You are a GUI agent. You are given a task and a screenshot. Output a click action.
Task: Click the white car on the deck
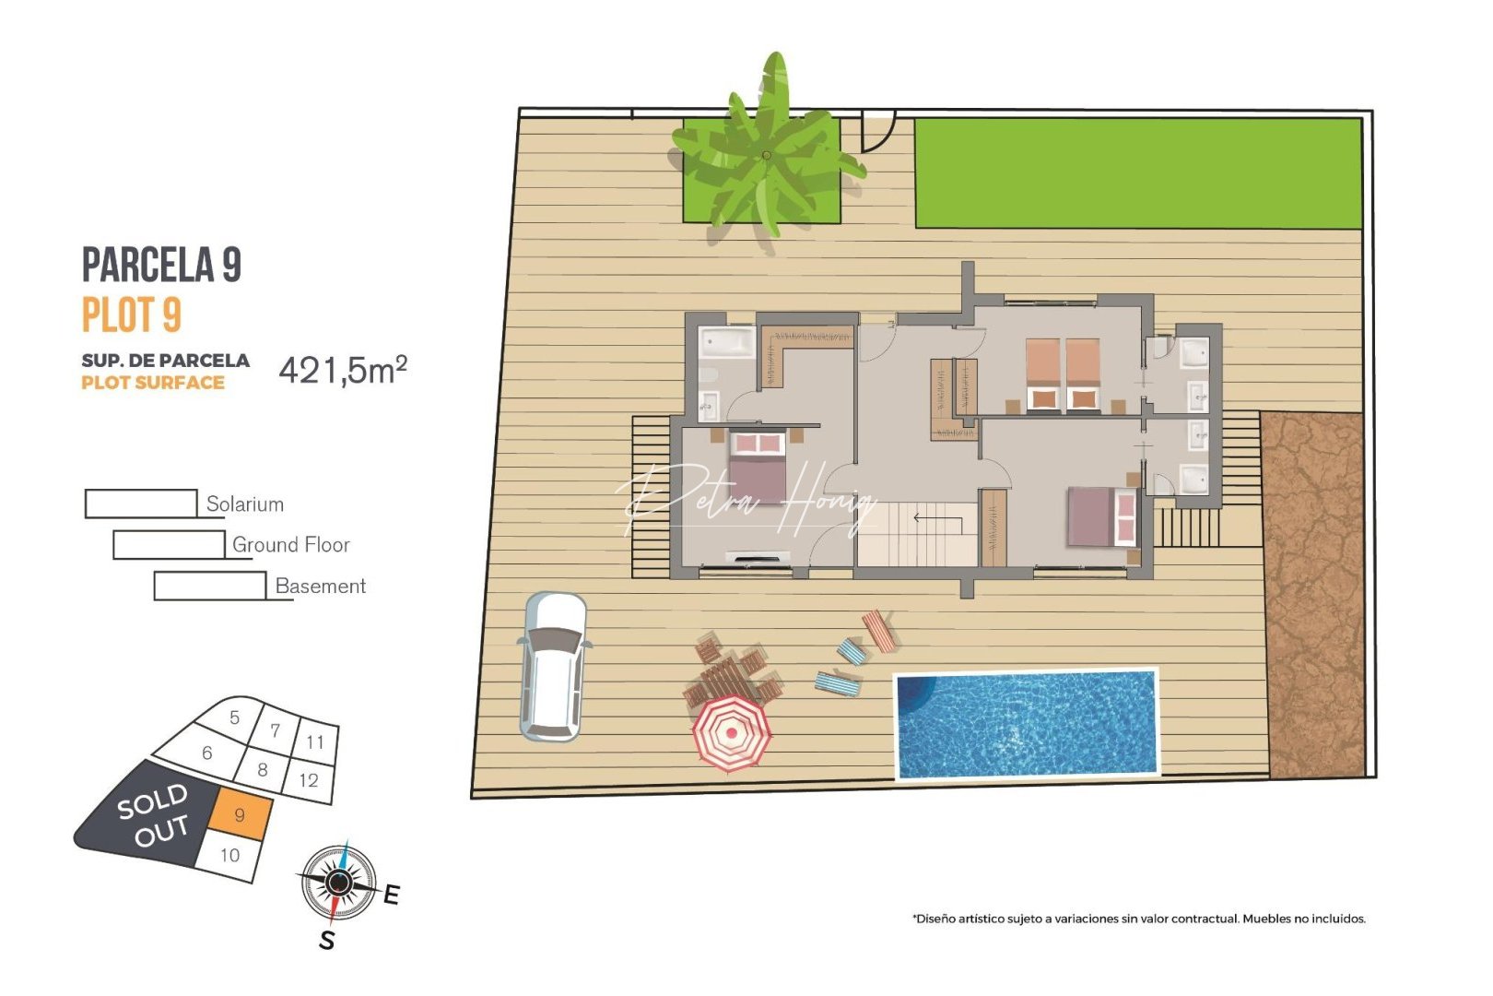pos(553,666)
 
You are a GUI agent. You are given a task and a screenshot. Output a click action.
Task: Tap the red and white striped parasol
pos(732,733)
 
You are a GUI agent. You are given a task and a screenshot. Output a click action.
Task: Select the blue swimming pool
pos(1027,724)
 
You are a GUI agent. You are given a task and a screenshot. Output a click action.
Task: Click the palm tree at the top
pos(766,157)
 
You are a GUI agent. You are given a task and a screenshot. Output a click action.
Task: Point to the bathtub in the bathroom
pos(727,343)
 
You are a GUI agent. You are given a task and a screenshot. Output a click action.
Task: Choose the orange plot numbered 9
pos(241,814)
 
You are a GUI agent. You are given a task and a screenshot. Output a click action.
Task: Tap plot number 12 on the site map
pos(309,780)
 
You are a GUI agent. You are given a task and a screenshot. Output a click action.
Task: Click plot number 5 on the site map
pos(235,717)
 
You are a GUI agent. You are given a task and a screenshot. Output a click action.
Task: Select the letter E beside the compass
pos(392,895)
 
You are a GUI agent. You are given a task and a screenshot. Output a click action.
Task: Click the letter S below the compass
pos(326,941)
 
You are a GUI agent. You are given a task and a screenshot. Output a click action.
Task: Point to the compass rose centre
pos(338,883)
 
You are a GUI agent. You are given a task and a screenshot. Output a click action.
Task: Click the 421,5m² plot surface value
pos(343,370)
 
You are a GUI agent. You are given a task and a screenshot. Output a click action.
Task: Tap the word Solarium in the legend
pos(245,504)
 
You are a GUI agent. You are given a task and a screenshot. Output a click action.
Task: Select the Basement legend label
pos(321,587)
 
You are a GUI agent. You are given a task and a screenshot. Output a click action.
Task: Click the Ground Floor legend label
pos(291,545)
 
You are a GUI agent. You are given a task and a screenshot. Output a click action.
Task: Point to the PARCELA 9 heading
pos(161,265)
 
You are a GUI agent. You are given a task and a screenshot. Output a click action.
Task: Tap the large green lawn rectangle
pos(1138,172)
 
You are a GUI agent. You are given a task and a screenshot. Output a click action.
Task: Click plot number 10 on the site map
pos(229,855)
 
